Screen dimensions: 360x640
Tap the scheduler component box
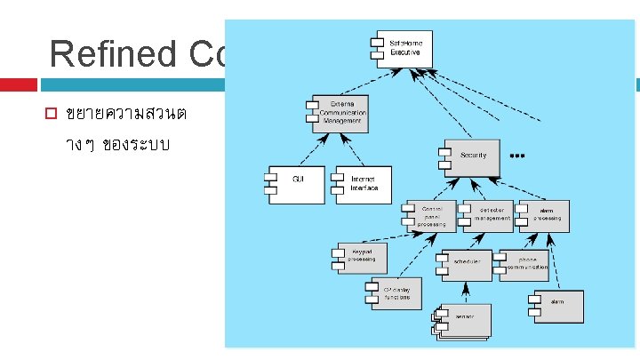pos(466,264)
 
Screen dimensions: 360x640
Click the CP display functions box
pos(395,294)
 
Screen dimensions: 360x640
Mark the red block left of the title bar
pos(18,84)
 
